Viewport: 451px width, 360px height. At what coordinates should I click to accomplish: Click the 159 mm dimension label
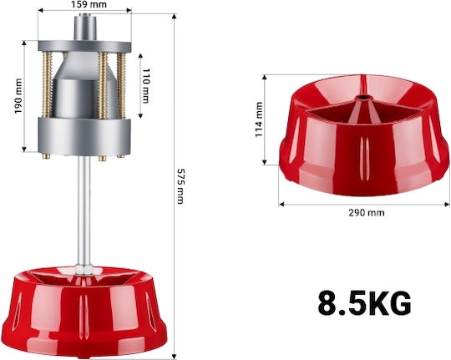[84, 4]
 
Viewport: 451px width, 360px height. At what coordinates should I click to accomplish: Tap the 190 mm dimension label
[18, 96]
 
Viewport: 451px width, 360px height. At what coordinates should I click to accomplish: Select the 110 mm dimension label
[146, 85]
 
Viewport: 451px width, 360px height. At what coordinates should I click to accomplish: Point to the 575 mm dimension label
[180, 186]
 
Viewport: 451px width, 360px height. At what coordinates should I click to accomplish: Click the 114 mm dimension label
[259, 119]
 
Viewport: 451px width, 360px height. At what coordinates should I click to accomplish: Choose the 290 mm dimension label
[367, 213]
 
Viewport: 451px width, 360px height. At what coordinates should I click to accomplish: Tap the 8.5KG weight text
[364, 304]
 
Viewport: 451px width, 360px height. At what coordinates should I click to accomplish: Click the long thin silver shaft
[84, 211]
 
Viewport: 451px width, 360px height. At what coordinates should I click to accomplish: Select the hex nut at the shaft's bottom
[84, 270]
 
